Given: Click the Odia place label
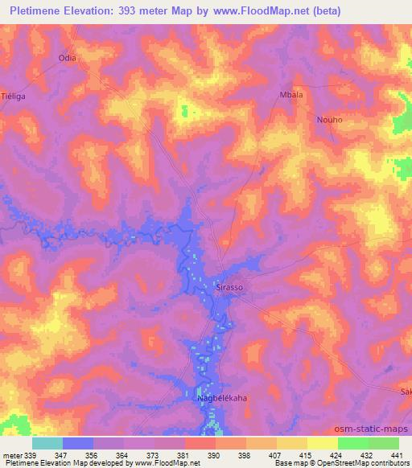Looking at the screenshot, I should [67, 58].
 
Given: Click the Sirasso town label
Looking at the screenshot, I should [230, 286].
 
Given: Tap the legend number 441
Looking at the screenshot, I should [396, 455].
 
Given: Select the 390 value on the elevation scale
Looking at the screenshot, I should [214, 455].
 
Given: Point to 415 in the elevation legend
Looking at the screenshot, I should [305, 455].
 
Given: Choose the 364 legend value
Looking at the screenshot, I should [123, 455].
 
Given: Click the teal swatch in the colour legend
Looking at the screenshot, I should [47, 443].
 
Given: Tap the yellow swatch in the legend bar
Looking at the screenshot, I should [323, 443].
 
